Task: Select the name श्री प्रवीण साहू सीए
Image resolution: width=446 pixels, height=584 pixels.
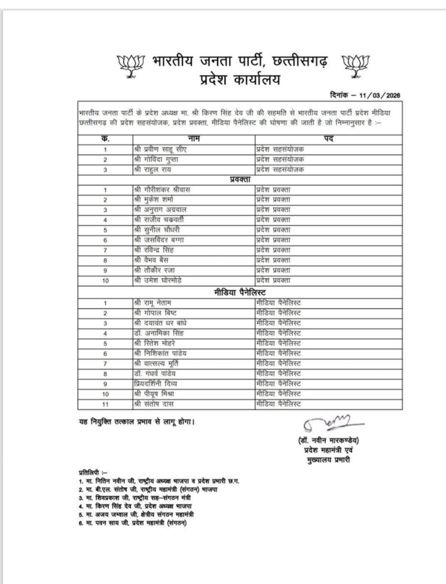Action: point(163,149)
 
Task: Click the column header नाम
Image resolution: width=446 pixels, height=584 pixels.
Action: point(193,139)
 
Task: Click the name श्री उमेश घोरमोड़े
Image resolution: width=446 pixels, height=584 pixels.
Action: point(160,281)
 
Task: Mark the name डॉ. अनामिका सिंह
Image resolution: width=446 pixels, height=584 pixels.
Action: point(160,332)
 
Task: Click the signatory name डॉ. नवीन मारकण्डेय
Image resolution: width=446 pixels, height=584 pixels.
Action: point(329,440)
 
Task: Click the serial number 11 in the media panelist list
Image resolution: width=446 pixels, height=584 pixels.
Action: point(104,404)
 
